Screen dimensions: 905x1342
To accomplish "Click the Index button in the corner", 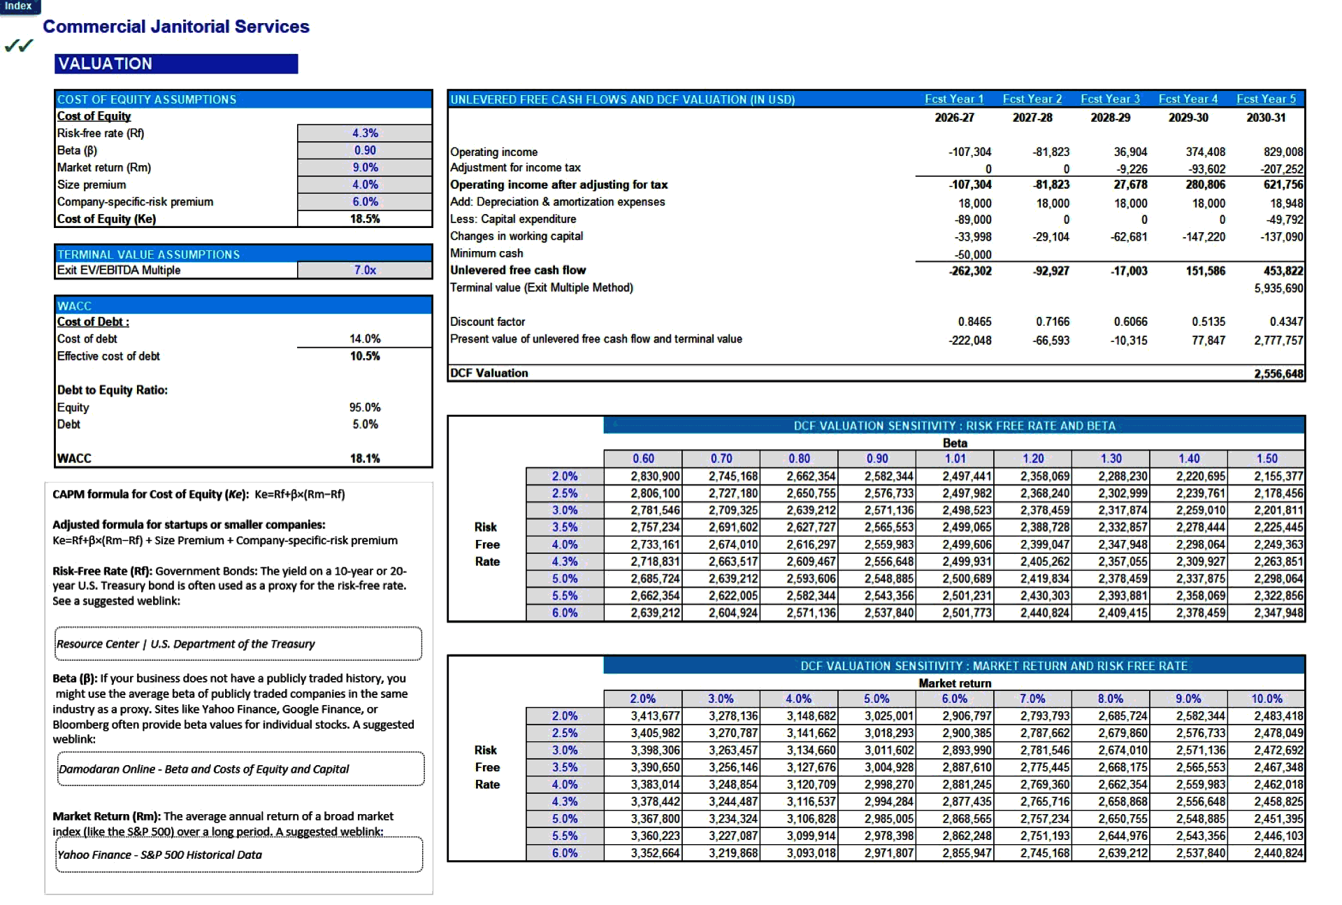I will [19, 6].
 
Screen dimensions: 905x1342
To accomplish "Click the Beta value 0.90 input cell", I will [364, 150].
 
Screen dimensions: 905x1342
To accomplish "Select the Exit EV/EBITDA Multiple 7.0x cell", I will [364, 270].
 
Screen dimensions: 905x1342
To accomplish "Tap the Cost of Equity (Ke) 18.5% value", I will [364, 219].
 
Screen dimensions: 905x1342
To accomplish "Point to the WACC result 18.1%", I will [364, 458].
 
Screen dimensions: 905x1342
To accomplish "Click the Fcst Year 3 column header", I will [1110, 99].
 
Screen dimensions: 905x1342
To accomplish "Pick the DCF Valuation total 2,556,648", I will [1278, 373].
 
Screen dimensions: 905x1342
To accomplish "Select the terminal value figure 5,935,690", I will [1278, 288].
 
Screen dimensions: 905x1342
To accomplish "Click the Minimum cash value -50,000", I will [973, 255].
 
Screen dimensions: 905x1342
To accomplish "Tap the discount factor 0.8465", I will [974, 322].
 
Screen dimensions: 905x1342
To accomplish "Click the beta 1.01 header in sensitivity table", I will [955, 459].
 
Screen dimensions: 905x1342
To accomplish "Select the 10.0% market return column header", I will [1267, 699].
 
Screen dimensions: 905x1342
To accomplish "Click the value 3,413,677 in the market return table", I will [654, 716].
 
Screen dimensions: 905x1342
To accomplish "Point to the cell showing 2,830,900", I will [654, 476].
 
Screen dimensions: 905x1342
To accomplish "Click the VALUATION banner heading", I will [176, 64].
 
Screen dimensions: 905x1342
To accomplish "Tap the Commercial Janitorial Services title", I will [176, 27].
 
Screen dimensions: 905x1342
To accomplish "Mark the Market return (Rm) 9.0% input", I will [364, 168].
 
